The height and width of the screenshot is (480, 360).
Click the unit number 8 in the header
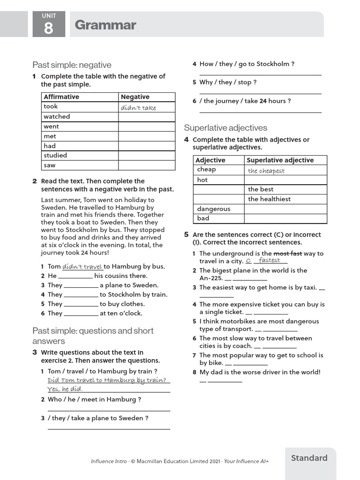pyautogui.click(x=49, y=28)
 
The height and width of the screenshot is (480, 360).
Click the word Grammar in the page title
pyautogui.click(x=105, y=25)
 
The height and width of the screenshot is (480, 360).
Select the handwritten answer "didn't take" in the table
pyautogui.click(x=138, y=107)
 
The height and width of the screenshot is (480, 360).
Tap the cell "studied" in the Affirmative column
pyautogui.click(x=55, y=155)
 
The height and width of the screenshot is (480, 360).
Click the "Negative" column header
pyautogui.click(x=135, y=97)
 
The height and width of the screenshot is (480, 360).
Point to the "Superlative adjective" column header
pyautogui.click(x=280, y=160)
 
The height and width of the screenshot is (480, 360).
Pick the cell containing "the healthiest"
pyautogui.click(x=269, y=199)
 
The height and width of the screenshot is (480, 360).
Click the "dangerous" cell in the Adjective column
pyautogui.click(x=214, y=209)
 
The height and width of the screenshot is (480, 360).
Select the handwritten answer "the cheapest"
pyautogui.click(x=266, y=171)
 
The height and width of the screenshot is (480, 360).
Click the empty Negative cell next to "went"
pyautogui.click(x=146, y=127)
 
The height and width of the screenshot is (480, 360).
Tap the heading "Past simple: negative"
pyautogui.click(x=72, y=65)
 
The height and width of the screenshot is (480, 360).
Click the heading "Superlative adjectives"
pyautogui.click(x=225, y=127)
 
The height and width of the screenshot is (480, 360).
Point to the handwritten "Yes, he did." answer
pyautogui.click(x=65, y=389)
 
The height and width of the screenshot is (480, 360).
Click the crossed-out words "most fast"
pyautogui.click(x=287, y=254)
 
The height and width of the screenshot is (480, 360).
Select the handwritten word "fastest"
pyautogui.click(x=270, y=260)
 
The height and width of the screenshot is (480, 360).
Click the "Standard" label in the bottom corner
pyautogui.click(x=309, y=458)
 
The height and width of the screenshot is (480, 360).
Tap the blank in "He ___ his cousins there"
pyautogui.click(x=75, y=276)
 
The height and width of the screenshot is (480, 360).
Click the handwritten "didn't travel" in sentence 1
pyautogui.click(x=82, y=266)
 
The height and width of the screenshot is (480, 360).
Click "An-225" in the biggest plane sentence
pyautogui.click(x=210, y=278)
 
